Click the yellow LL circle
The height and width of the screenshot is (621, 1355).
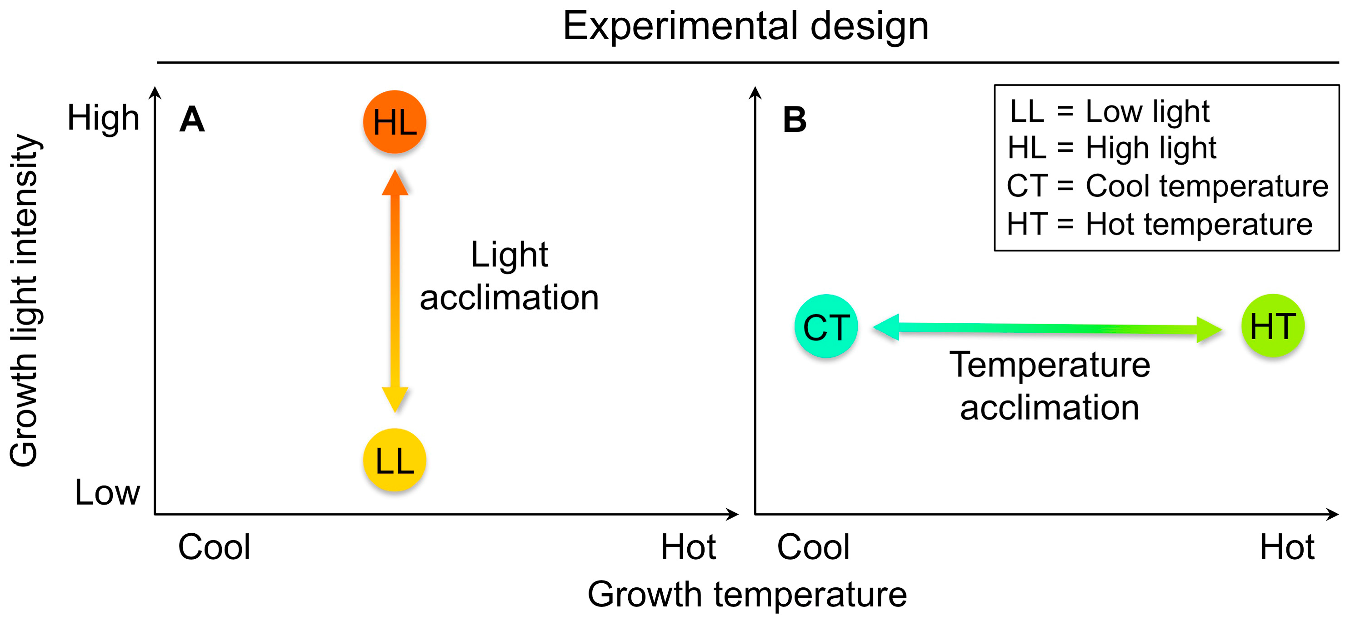(395, 460)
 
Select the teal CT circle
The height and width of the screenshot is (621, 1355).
(826, 326)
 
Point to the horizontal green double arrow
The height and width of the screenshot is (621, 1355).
(1047, 328)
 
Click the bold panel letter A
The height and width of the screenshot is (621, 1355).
(192, 120)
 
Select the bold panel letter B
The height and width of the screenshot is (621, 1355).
(794, 120)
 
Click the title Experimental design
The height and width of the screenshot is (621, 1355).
(745, 26)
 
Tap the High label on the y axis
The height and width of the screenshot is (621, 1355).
(103, 118)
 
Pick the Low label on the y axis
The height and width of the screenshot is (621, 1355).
(107, 493)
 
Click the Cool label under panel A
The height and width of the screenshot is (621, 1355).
(214, 547)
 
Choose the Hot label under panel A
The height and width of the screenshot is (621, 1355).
(688, 547)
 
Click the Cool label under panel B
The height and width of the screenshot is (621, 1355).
(813, 547)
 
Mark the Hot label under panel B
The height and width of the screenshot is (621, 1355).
(1287, 547)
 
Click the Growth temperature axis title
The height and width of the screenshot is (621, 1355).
(747, 595)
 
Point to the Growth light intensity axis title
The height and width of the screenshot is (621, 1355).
(24, 300)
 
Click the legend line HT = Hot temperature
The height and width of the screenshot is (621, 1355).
(1160, 224)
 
